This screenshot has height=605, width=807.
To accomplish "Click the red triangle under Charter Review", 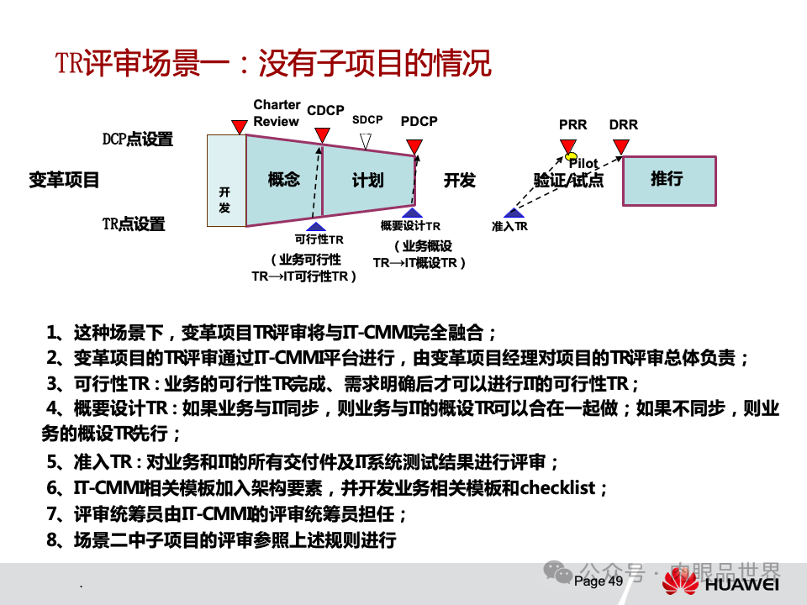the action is click(x=239, y=127).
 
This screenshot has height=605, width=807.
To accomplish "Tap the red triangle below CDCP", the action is click(x=322, y=135).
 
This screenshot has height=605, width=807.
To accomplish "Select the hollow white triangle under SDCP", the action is click(x=365, y=140).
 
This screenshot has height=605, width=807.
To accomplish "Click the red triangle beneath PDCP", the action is click(x=414, y=148).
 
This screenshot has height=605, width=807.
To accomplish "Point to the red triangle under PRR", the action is click(x=568, y=147).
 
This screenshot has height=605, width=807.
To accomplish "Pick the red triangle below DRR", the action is click(x=621, y=148).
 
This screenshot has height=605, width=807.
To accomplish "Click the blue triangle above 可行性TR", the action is click(x=316, y=225).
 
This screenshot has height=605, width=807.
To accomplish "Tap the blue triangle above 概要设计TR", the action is click(x=412, y=213).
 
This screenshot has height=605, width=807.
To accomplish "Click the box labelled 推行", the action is click(x=668, y=179).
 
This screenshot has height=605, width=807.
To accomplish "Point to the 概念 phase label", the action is click(x=283, y=179).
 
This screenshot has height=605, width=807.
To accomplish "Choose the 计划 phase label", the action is click(x=367, y=180).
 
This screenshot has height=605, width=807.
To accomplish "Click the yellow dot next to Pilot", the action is click(x=571, y=157).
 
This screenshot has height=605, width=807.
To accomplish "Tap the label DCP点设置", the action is click(x=138, y=139).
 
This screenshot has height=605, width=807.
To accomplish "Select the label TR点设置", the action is click(x=134, y=224).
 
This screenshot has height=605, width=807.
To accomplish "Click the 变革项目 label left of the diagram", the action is click(x=65, y=179).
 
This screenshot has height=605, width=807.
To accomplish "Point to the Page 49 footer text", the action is click(x=599, y=581).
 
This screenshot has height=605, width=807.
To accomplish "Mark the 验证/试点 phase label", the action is click(x=568, y=180).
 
